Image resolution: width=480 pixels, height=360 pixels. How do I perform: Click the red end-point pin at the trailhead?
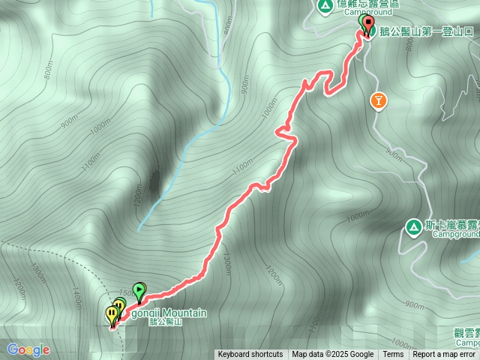367,25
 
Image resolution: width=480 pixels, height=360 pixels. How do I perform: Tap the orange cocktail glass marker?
379,100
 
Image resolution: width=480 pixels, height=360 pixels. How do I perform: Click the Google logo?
28,349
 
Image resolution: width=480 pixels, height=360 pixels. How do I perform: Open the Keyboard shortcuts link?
250,355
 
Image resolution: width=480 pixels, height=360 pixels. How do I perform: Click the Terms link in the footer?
393,355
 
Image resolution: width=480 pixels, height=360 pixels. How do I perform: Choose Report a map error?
443,355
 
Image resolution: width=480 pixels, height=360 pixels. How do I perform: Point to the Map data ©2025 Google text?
332,355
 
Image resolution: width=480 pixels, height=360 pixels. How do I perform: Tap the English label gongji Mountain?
172,313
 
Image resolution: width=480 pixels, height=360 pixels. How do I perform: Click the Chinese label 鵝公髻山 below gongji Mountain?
167,322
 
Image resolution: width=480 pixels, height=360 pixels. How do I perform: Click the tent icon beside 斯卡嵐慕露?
413,226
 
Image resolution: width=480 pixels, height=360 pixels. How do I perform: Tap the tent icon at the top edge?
325,6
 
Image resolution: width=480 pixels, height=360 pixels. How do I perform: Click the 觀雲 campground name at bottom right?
465,333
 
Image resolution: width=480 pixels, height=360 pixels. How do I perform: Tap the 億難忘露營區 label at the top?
367,3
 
